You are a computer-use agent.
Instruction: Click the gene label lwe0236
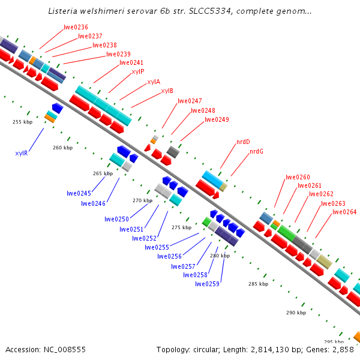(x=76, y=27)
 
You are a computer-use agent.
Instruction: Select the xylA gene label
(x=154, y=82)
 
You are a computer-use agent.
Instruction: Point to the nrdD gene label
(x=243, y=142)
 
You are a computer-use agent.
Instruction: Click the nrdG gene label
(x=256, y=151)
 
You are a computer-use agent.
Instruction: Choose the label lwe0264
(x=344, y=212)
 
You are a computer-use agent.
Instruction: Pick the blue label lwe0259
(x=207, y=284)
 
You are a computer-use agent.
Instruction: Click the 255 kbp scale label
(x=22, y=122)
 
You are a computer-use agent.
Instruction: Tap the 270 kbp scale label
(x=142, y=200)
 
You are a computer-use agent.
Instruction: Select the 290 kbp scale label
(x=296, y=313)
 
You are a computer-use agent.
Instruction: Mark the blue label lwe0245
(x=79, y=193)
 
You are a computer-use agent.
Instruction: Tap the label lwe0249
(x=217, y=119)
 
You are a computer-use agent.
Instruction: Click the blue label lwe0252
(x=144, y=238)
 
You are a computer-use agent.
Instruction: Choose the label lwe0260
(x=298, y=177)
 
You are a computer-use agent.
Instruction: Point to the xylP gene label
(x=138, y=71)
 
